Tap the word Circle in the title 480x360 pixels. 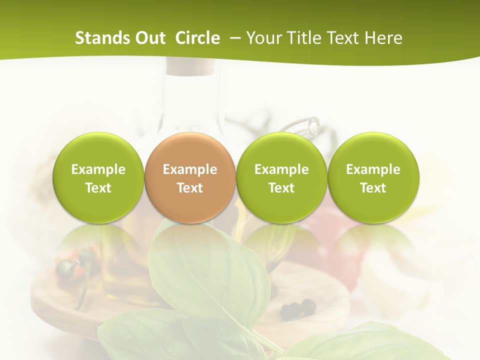197,38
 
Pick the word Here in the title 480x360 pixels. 384,38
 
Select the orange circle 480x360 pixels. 190,177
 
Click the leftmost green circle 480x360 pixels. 98,177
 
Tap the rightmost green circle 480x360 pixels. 373,177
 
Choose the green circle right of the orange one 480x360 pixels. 281,177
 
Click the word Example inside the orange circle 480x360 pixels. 190,169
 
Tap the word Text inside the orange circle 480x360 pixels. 190,188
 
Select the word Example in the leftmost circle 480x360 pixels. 98,169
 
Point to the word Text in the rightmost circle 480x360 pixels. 373,188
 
